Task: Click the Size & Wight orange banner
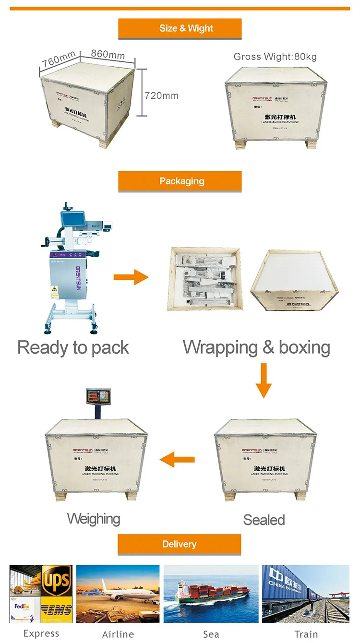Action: pyautogui.click(x=180, y=28)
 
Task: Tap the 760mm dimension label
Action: pyautogui.click(x=58, y=60)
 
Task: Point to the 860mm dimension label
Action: pyautogui.click(x=108, y=54)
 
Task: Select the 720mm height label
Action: pyautogui.click(x=162, y=95)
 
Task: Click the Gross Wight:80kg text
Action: pyautogui.click(x=275, y=57)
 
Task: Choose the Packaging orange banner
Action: pyautogui.click(x=180, y=181)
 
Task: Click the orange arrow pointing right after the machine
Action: pyautogui.click(x=131, y=277)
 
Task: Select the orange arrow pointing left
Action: pyautogui.click(x=177, y=460)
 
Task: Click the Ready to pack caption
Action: pyautogui.click(x=73, y=347)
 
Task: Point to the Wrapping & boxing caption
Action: pyautogui.click(x=256, y=347)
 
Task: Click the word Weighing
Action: pyautogui.click(x=94, y=519)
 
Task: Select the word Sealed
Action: pyautogui.click(x=264, y=520)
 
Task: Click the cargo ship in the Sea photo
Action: pyautogui.click(x=211, y=595)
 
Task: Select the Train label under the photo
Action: pyautogui.click(x=306, y=634)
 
